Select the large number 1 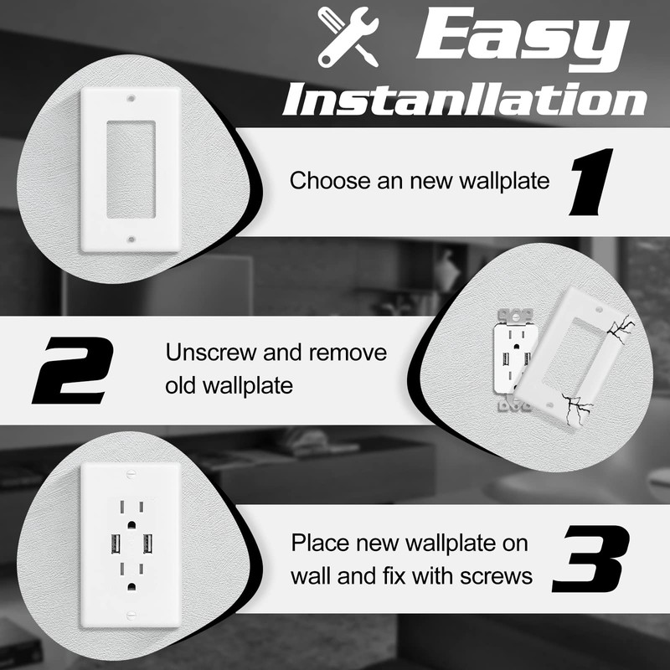pos(591,180)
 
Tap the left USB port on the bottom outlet pos(112,544)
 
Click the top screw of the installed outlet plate pos(129,475)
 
